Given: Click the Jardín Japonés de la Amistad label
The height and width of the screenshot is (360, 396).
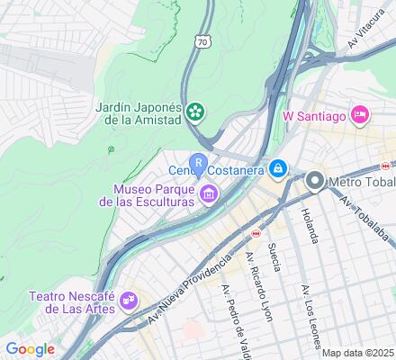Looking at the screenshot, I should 139,113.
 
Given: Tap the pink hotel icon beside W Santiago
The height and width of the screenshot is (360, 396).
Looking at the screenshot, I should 359,114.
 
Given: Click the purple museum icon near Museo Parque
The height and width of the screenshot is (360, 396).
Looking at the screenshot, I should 209,193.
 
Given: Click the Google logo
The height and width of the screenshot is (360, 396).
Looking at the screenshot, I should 30,349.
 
